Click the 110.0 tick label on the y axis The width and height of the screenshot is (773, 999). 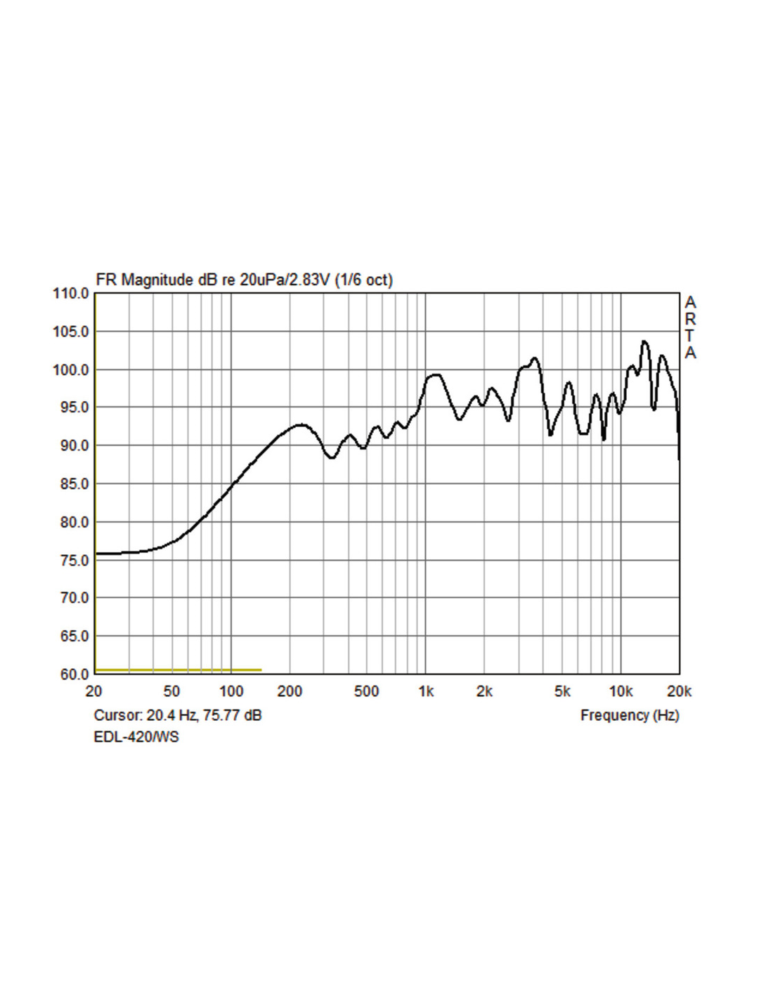coord(71,294)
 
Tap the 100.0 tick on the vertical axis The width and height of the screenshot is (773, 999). coord(71,370)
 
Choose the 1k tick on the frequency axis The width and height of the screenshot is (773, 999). coord(426,692)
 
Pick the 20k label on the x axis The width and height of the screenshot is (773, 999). coord(679,692)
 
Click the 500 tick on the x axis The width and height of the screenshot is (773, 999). coord(366,692)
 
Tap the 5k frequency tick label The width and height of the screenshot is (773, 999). coord(562,692)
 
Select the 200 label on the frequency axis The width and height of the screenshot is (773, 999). coord(290,692)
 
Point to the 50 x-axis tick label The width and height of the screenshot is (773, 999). coord(171,692)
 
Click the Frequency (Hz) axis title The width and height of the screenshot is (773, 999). coord(630,715)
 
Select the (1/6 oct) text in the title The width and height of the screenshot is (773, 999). coord(363,280)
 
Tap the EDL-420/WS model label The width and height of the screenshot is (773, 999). coord(136,737)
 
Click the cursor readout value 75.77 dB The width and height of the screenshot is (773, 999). coord(232,715)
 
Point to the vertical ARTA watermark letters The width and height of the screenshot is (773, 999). coord(690,327)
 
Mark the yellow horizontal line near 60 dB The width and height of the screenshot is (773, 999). coord(178,670)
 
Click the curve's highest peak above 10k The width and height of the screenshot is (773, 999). coord(644,342)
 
